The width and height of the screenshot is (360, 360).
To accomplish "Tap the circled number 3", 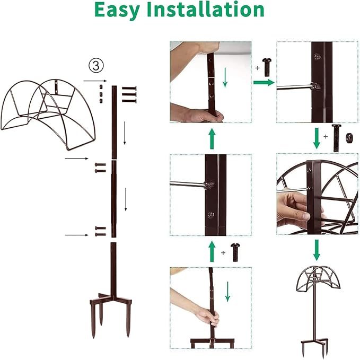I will coord(95,65).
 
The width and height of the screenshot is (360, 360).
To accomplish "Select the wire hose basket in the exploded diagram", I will coord(51,111).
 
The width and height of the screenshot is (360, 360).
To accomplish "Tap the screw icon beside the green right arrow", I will coord(266,68).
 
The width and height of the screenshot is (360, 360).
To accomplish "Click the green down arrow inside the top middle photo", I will coord(225,78).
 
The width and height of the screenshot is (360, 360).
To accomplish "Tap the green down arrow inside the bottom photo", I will coord(228,292).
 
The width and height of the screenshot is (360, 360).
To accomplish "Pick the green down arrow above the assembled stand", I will coord(317,249).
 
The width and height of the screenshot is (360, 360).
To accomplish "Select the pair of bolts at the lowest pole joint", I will coord(99,230).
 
